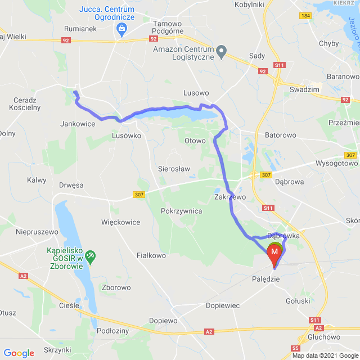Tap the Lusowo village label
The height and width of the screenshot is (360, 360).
click(196, 93)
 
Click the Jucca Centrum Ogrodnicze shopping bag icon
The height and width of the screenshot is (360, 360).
click(120, 28)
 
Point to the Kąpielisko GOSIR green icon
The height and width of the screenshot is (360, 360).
click(90, 256)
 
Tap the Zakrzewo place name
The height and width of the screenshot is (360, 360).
click(231, 197)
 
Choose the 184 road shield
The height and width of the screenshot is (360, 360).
click(305, 16)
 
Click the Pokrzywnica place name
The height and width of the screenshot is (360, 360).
click(181, 210)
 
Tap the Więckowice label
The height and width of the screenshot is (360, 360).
click(120, 222)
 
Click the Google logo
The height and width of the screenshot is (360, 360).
click(19, 353)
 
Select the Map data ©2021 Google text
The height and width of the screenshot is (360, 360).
click(324, 355)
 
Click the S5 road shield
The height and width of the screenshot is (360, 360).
click(296, 348)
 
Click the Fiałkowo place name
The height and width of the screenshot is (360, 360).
click(151, 255)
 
